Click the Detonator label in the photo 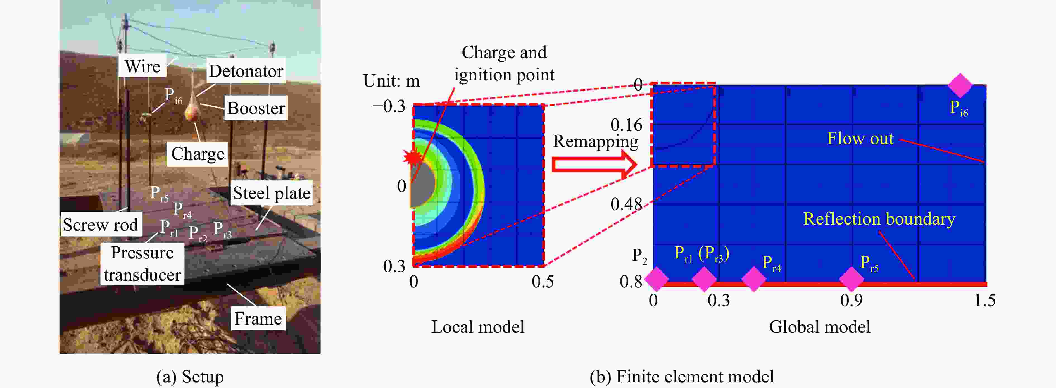pos(246,71)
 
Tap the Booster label pos(256,108)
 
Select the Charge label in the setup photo pos(198,154)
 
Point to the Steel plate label pos(271,193)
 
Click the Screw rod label pos(101,225)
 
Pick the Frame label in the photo pos(258,318)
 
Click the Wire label pos(143,66)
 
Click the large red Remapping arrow pos(594,164)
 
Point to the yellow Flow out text pos(860,139)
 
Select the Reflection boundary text pos(879,219)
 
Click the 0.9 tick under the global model pos(851,300)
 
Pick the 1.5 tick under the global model pos(985,300)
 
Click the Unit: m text pos(391,81)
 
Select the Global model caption pos(819,327)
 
